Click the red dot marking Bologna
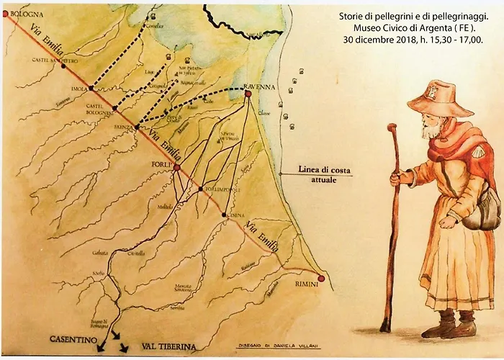point(5,14)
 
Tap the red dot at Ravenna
point(248,94)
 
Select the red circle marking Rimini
point(321,278)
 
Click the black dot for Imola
point(91,89)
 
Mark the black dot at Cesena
point(224,214)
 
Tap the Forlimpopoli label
point(219,189)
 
